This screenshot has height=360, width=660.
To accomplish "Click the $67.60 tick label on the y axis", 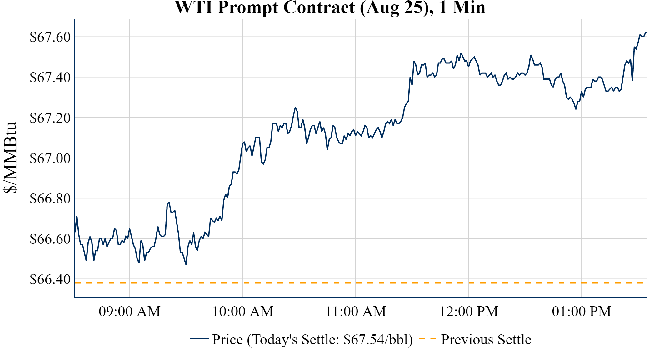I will pos(50,37).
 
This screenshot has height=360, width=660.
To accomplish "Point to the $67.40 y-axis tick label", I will pos(50,77).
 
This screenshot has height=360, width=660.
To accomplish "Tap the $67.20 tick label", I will pos(50,118).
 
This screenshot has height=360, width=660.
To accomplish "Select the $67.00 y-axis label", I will pos(50,158).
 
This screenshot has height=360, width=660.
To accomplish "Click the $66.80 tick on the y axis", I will pos(50,199).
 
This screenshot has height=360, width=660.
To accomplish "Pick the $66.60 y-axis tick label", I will pos(50,239).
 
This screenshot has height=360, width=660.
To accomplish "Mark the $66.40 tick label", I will pos(50,279).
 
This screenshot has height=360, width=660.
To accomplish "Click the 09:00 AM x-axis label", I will pos(130,312).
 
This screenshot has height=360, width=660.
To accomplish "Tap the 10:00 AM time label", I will pos(243,312).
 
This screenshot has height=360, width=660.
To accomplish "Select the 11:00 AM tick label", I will pos(356,312).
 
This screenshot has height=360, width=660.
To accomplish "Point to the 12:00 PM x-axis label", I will pos(469,312).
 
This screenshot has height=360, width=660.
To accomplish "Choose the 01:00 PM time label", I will pos(582,312).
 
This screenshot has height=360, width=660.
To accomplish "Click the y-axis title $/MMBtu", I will pos(10,158).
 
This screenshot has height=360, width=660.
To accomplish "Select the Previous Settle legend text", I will pos(486,340).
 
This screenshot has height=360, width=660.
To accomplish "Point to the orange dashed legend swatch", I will pos(427,339).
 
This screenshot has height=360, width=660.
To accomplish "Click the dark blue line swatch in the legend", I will pos(199,338).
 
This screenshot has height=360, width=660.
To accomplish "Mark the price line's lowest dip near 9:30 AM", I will pos(186,264).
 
